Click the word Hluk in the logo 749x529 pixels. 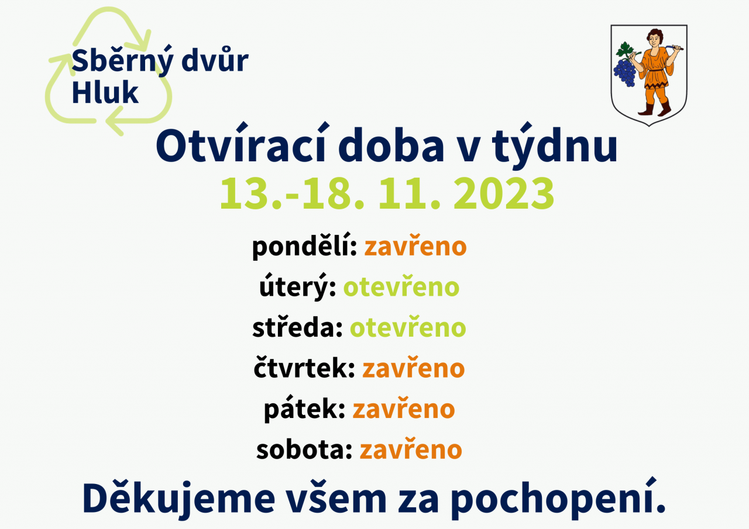point(105,92)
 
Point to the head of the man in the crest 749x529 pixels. point(655,37)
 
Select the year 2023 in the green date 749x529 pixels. point(504,193)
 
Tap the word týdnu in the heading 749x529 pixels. point(555,146)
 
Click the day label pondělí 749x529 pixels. point(304,247)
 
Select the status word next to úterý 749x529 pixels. point(401,286)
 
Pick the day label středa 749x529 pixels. point(297,327)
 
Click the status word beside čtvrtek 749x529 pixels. point(414,368)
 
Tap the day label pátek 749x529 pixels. point(304,409)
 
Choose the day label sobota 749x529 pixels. point(304,450)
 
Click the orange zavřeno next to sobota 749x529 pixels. point(411,450)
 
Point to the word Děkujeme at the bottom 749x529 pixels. point(179,499)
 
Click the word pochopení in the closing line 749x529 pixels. point(558,499)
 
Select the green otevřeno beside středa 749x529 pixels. point(408,327)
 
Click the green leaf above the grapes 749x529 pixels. point(624,50)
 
